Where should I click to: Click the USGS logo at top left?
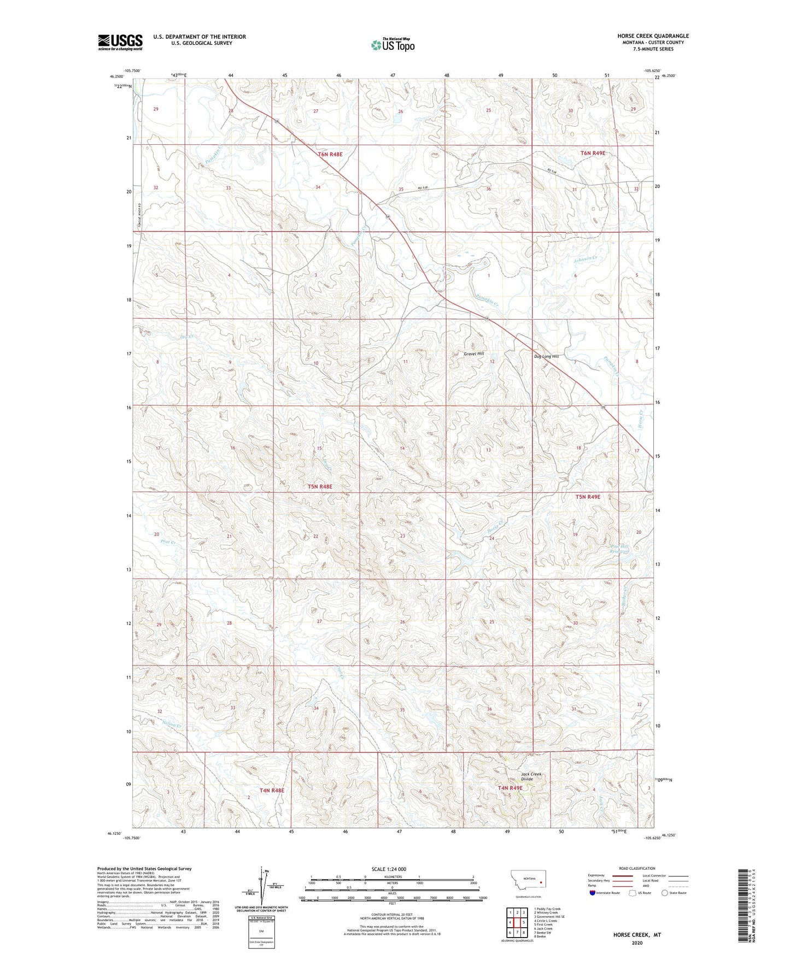click(120, 42)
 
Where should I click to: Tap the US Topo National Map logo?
click(392, 45)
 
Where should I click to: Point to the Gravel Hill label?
click(474, 354)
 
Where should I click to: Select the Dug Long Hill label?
click(546, 356)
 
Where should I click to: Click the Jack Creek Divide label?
click(531, 776)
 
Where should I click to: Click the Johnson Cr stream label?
click(586, 260)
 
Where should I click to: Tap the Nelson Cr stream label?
click(173, 723)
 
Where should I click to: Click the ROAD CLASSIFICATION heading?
click(637, 868)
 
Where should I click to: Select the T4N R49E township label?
click(510, 788)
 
